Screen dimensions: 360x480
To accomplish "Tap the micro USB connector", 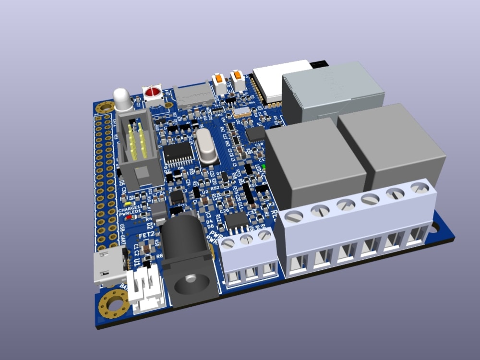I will pos(108,269).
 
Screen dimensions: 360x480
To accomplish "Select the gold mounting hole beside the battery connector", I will pos(114,304).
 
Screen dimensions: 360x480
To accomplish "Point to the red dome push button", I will pos(153,92).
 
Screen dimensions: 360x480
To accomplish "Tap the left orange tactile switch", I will pos(219,79).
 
